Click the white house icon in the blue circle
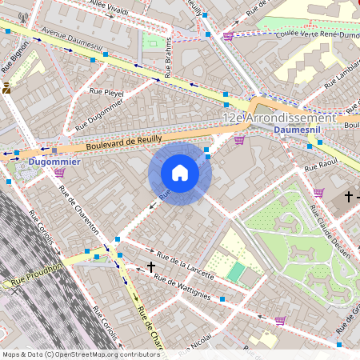click(x=180, y=172)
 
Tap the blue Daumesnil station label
click(x=295, y=129)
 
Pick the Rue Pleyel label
click(x=106, y=92)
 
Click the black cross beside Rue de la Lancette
click(x=150, y=266)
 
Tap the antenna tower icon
click(x=22, y=17)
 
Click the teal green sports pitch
click(x=235, y=271)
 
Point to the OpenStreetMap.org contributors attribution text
click(x=107, y=354)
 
